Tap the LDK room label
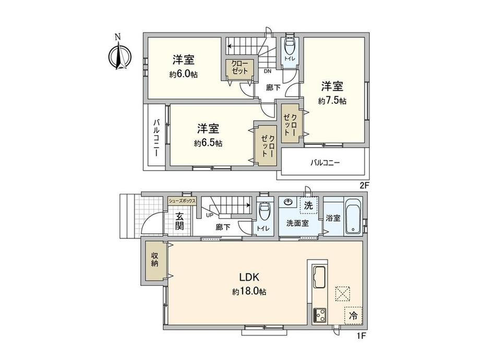tap(249, 278)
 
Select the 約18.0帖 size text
tap(249, 292)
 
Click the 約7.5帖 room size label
tap(332, 101)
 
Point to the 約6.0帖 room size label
tap(183, 74)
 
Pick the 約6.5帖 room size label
tap(208, 143)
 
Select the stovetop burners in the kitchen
tap(320, 315)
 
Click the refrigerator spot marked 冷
tap(353, 316)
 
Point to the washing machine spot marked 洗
tap(308, 206)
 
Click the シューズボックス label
tap(182, 201)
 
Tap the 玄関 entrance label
tap(179, 221)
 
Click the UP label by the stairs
tap(209, 215)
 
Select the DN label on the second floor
tap(268, 71)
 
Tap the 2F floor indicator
tap(363, 185)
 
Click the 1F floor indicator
tap(361, 335)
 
